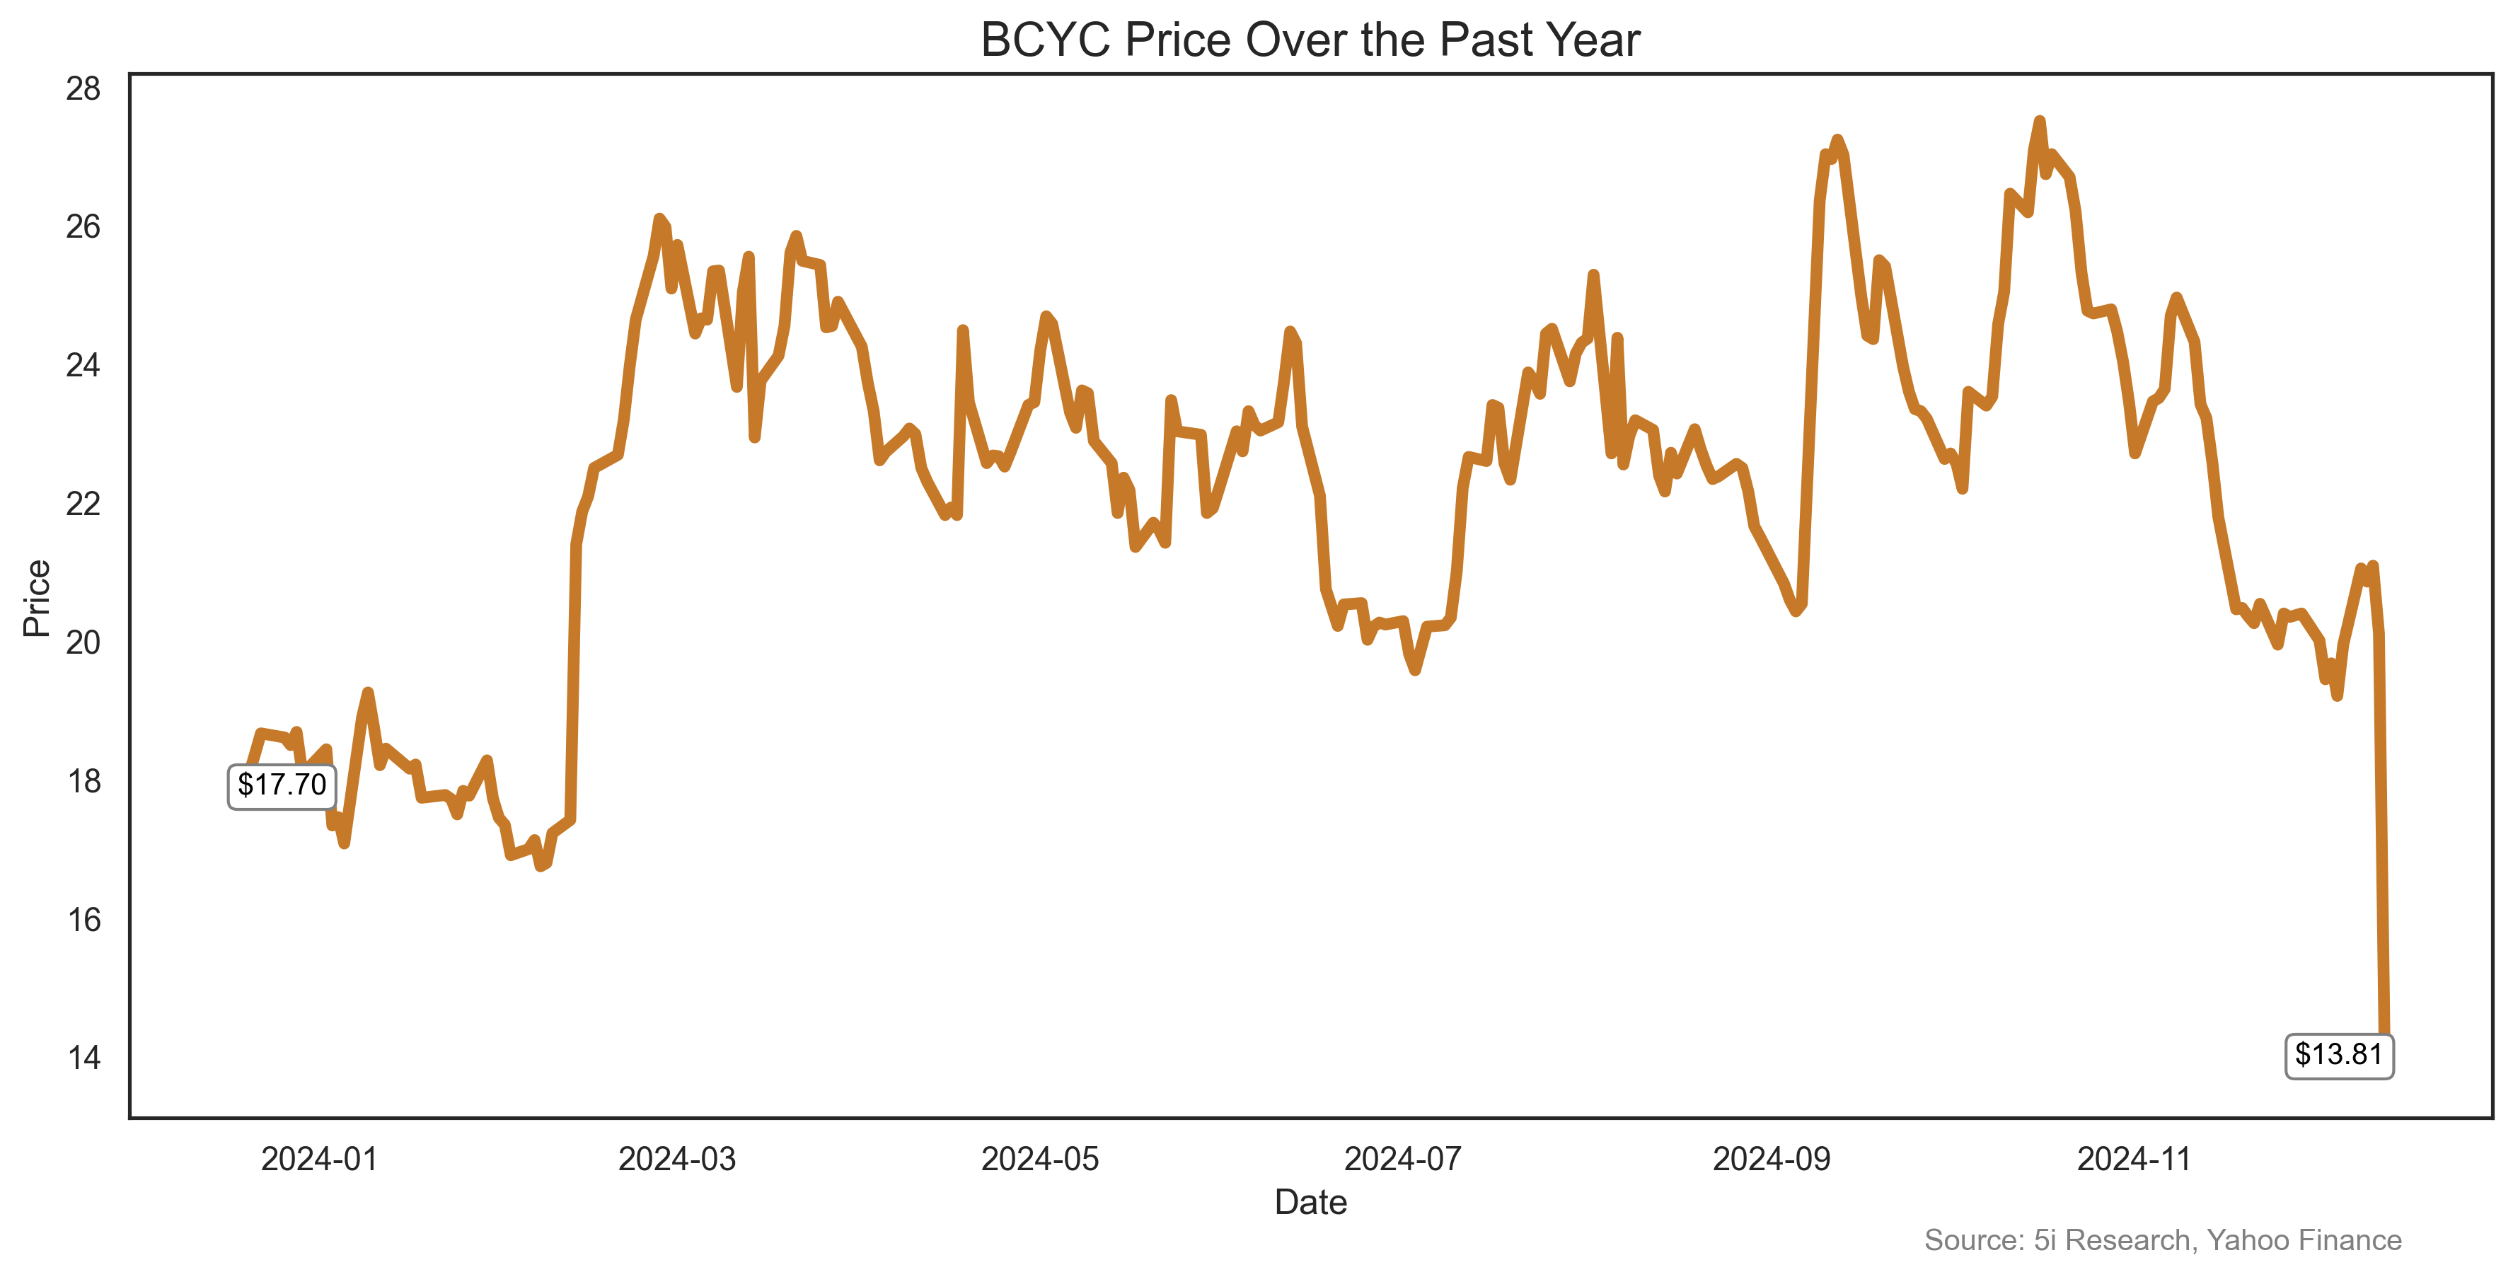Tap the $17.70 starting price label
(x=282, y=785)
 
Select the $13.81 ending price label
(x=2338, y=1055)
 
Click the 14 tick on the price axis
(x=84, y=1058)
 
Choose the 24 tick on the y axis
(x=84, y=366)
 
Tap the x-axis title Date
(x=1310, y=1203)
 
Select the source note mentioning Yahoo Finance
(x=2163, y=1240)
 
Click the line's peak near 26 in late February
(x=659, y=219)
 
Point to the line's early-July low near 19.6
(x=1414, y=670)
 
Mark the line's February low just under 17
(x=541, y=865)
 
